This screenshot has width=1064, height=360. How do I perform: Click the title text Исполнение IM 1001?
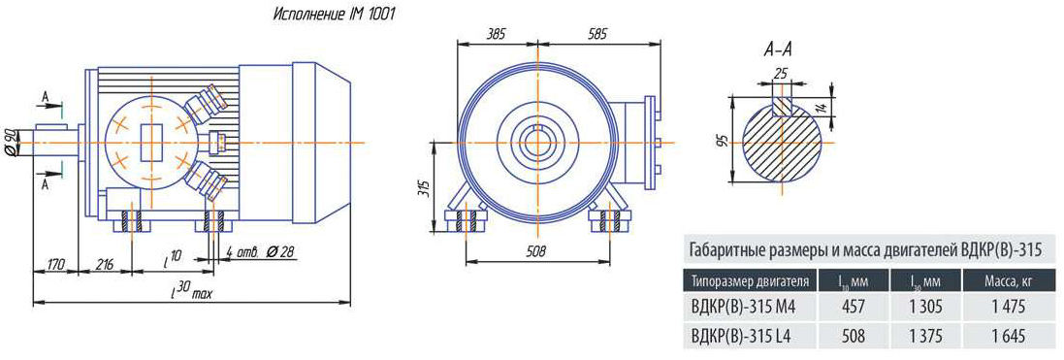point(334,15)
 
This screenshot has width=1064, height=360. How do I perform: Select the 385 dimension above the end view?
point(497,34)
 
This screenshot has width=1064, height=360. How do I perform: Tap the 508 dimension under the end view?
point(536,251)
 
